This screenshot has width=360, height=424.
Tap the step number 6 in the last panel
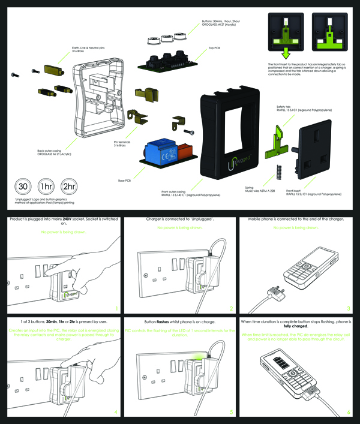(349, 412)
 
